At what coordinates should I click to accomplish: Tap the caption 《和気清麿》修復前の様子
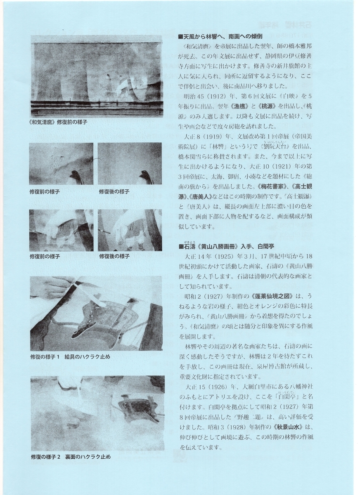[59, 123]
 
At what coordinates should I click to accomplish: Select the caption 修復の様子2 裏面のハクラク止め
[70, 457]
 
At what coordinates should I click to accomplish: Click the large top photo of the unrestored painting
[96, 76]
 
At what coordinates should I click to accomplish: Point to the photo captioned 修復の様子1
[96, 313]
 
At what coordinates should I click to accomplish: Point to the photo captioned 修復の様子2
[97, 413]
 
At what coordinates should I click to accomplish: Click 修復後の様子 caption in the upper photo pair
[114, 192]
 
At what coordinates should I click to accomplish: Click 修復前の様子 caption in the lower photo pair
[45, 256]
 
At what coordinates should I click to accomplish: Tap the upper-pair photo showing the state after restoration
[130, 164]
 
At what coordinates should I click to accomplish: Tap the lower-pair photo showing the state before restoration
[61, 231]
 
